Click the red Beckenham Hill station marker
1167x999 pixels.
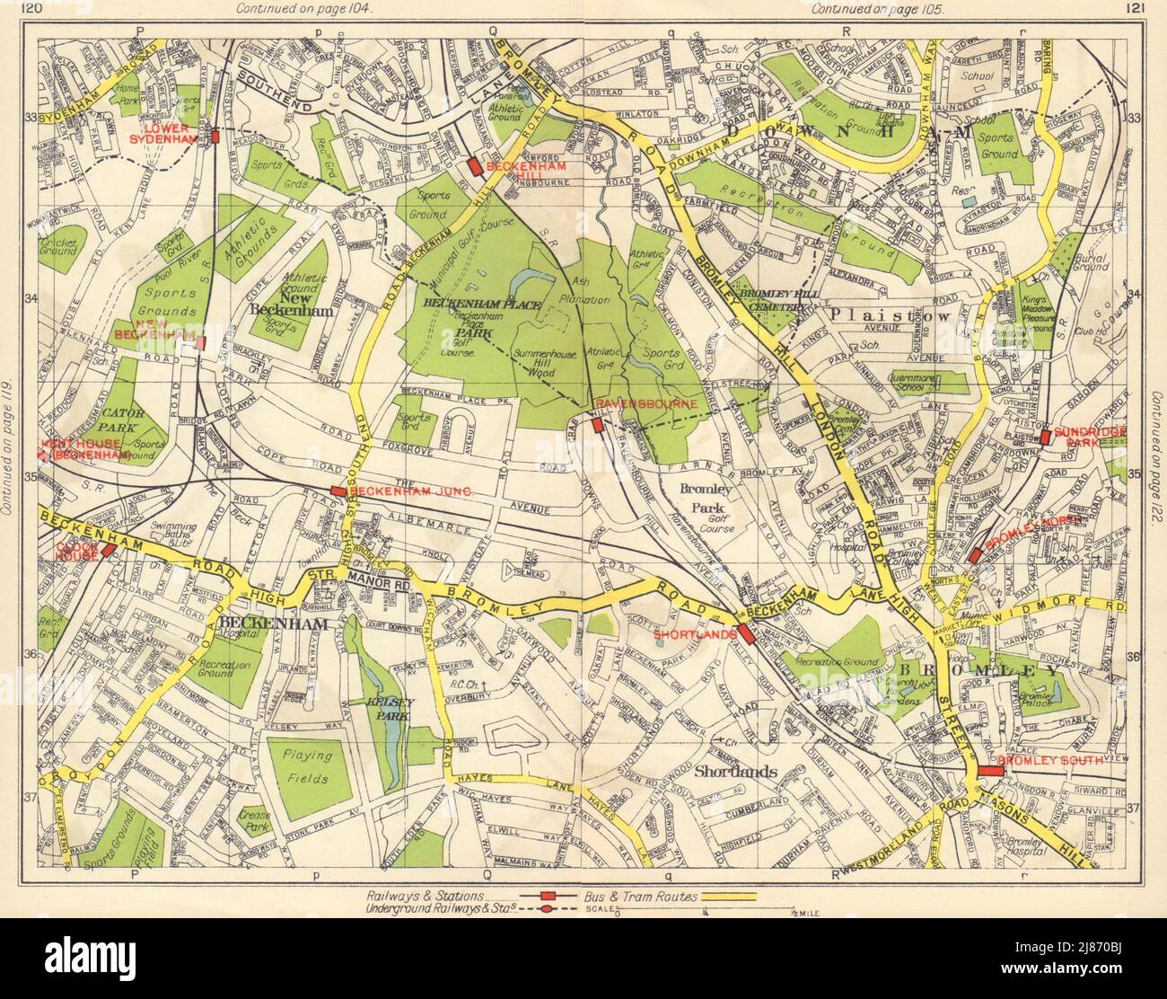pyautogui.click(x=473, y=166)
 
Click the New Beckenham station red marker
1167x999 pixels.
pyautogui.click(x=201, y=342)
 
